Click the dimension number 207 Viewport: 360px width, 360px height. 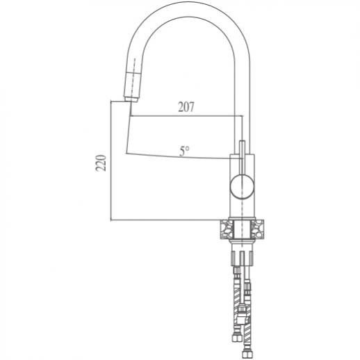186,107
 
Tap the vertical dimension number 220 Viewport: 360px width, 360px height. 101,164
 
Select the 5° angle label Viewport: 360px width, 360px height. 183,149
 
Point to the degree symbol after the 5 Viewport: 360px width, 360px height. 188,147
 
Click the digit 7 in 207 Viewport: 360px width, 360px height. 192,107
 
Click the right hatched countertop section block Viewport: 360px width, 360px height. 259,229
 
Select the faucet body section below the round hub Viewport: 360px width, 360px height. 243,208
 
